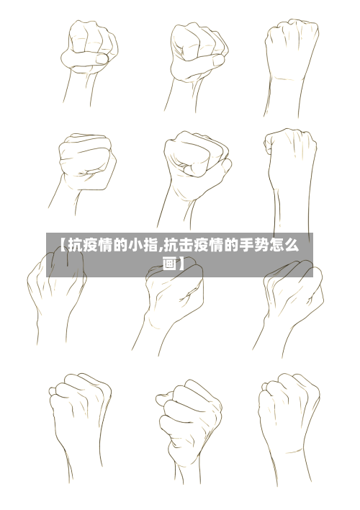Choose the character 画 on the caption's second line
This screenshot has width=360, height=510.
tap(170, 264)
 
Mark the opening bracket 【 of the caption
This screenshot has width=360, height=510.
tap(61, 246)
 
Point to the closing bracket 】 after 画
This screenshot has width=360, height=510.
tap(183, 264)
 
